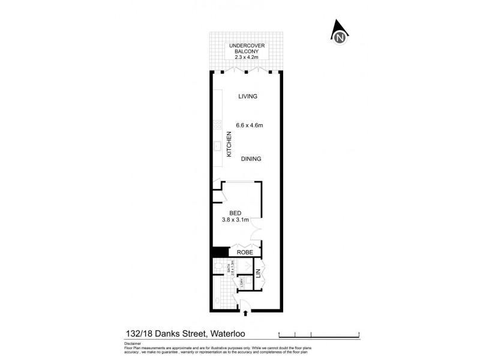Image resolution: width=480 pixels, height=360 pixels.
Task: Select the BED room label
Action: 235,212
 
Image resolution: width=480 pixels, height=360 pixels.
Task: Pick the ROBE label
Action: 244,253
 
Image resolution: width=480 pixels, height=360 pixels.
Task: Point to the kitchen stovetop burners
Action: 217,126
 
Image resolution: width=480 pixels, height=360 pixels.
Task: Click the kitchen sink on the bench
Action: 217,146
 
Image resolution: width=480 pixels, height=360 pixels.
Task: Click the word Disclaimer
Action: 133,343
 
